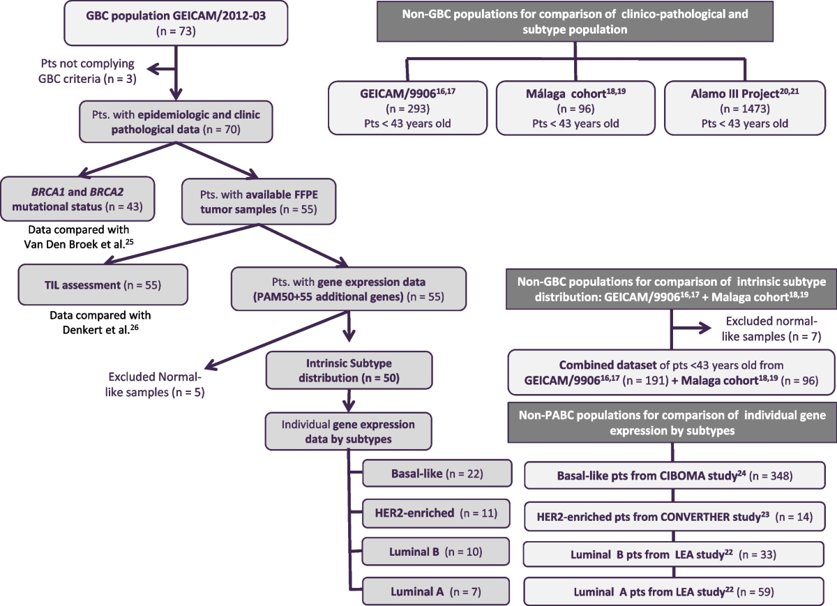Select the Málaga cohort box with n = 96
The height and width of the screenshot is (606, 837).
coord(576,107)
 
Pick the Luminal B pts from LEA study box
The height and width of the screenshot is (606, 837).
coord(674,554)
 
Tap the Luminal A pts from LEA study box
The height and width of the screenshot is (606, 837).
coord(674,591)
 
